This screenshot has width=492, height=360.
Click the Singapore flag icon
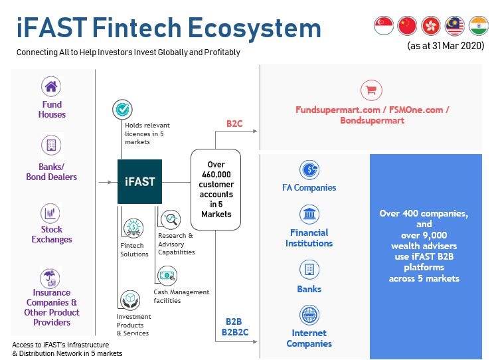pyautogui.click(x=384, y=25)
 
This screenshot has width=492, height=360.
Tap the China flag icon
pyautogui.click(x=407, y=25)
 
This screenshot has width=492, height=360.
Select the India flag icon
pyautogui.click(x=479, y=25)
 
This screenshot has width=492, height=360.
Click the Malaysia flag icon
pyautogui.click(x=455, y=25)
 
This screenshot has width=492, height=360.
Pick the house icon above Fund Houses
pyautogui.click(x=51, y=86)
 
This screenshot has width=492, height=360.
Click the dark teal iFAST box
pyautogui.click(x=139, y=181)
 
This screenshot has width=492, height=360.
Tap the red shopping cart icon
pyautogui.click(x=371, y=90)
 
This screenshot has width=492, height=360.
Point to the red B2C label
pyautogui.click(x=234, y=124)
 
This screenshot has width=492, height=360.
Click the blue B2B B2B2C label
pyautogui.click(x=234, y=327)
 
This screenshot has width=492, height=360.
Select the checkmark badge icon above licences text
pyautogui.click(x=122, y=110)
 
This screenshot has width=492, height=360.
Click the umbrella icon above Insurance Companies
pyautogui.click(x=50, y=278)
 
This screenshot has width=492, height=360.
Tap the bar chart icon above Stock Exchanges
pyautogui.click(x=50, y=213)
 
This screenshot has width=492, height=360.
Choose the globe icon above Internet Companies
pyautogui.click(x=309, y=315)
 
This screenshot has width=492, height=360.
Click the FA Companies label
pyautogui.click(x=309, y=187)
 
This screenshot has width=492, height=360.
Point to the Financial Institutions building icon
pyautogui.click(x=309, y=215)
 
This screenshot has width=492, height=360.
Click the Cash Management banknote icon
pyautogui.click(x=167, y=276)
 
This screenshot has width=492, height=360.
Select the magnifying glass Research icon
pyautogui.click(x=171, y=219)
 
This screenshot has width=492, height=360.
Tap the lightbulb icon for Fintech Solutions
pyautogui.click(x=133, y=228)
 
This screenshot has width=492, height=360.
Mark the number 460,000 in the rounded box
pyautogui.click(x=216, y=174)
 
